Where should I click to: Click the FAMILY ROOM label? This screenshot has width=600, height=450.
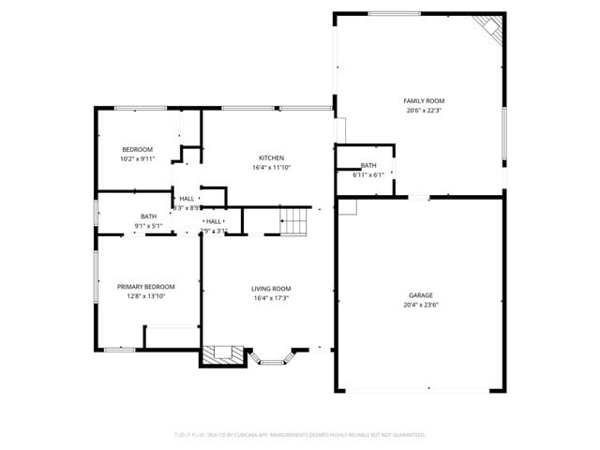pos(424,100)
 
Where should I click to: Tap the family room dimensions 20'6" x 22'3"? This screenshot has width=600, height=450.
pos(424,111)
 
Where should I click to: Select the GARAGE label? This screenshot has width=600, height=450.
pos(420,295)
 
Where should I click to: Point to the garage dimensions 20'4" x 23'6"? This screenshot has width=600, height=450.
pos(420,306)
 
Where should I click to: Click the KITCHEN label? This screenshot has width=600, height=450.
pos(271,157)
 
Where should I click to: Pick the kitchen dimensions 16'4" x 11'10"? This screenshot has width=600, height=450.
pos(271,168)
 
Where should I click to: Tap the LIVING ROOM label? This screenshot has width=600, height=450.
pos(271,289)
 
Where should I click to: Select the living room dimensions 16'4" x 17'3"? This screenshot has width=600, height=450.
pos(271,298)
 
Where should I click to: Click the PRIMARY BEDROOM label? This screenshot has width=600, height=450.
pos(145,286)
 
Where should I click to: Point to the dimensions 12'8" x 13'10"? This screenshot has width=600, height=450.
pos(145,296)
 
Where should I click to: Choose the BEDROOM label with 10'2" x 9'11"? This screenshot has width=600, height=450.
pos(137,149)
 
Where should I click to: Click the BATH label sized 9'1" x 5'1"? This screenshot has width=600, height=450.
pos(149,216)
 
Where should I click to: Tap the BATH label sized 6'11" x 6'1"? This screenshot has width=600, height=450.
pos(368,165)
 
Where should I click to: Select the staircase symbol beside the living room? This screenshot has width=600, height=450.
pos(294,221)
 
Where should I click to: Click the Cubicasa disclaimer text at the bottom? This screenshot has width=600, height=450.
pos(300,435)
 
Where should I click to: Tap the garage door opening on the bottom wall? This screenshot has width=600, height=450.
pos(420,390)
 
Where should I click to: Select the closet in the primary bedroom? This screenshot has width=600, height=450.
pos(171,337)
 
